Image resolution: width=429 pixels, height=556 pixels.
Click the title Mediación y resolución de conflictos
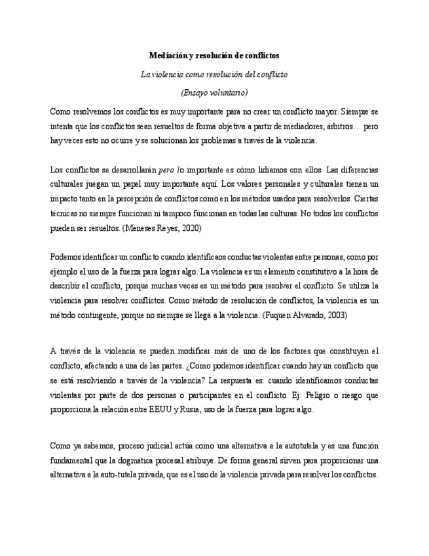(x=214, y=56)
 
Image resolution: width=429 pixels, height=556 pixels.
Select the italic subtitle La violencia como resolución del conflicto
(x=214, y=75)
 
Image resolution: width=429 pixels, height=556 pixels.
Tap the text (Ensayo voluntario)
(x=214, y=92)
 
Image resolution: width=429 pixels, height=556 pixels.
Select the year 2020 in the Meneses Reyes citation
(x=189, y=228)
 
